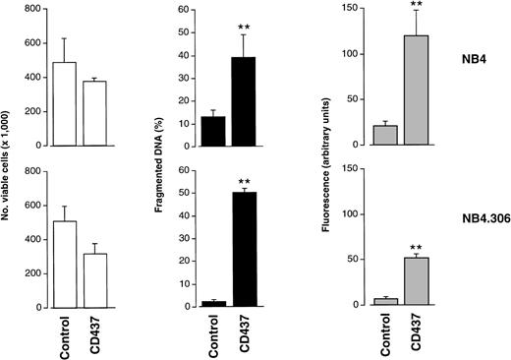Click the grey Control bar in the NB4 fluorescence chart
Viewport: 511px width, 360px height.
pos(360,135)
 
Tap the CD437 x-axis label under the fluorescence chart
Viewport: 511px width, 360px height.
pos(394,334)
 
